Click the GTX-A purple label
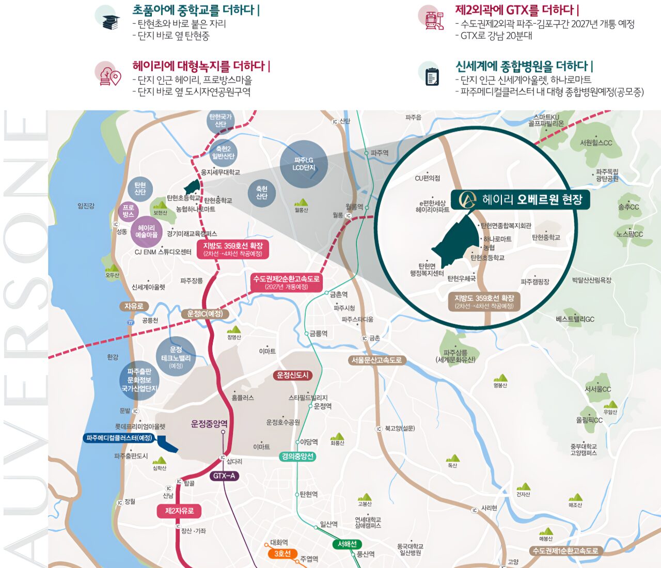click(x=224, y=476)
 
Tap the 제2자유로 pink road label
click(x=179, y=511)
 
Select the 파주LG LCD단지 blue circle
click(x=304, y=164)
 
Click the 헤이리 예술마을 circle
click(x=147, y=231)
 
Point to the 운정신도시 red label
click(x=293, y=375)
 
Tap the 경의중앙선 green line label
click(x=297, y=456)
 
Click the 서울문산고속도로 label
click(x=376, y=360)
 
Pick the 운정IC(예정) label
click(x=205, y=313)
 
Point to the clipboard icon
click(x=431, y=75)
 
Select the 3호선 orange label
click(x=282, y=554)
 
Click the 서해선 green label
click(x=347, y=544)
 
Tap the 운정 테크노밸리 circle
click(x=176, y=357)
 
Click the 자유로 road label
click(x=134, y=306)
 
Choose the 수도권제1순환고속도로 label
click(x=565, y=551)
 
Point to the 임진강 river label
click(x=86, y=206)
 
